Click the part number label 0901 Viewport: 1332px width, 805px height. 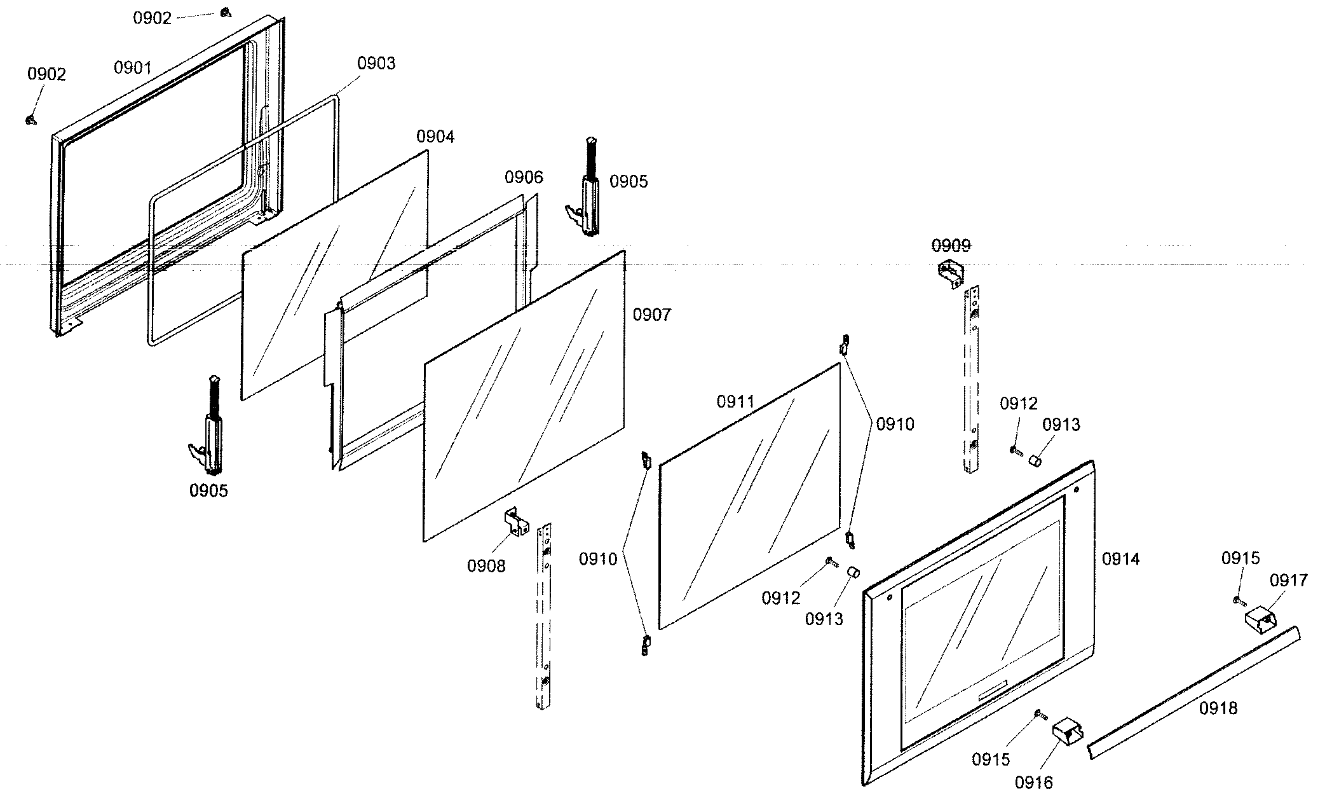132,67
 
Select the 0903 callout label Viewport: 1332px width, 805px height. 376,63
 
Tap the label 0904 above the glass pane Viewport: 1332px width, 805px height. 435,136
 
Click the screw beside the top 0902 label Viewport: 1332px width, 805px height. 224,12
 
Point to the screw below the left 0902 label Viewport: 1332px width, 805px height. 30,120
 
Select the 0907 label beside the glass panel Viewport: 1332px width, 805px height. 651,315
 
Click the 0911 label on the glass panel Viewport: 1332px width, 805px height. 735,401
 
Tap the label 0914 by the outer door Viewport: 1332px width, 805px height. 1120,559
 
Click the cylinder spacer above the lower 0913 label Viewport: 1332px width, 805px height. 853,574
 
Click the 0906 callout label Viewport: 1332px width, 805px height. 524,177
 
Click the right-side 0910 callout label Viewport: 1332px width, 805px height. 895,424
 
